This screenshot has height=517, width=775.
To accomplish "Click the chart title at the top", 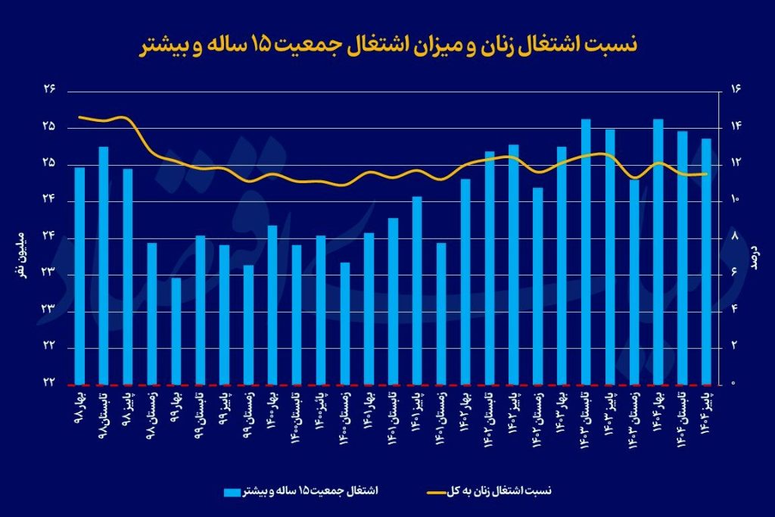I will pyautogui.click(x=387, y=45).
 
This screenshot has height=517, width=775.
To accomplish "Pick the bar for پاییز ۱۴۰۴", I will pyautogui.click(x=706, y=261).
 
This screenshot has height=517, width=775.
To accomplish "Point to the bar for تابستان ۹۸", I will pyautogui.click(x=104, y=265).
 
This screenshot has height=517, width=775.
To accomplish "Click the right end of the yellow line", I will pyautogui.click(x=706, y=173).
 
